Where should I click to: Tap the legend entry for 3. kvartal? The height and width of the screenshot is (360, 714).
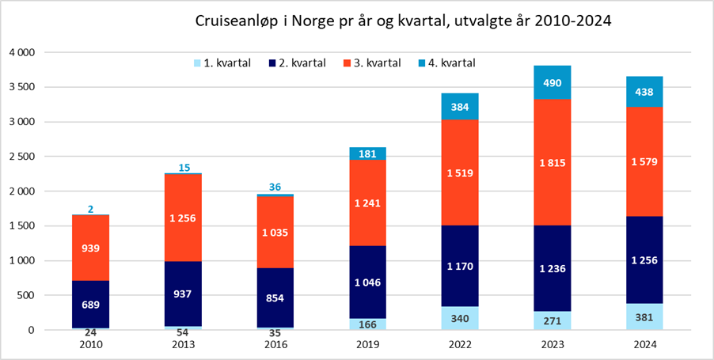(x=373, y=62)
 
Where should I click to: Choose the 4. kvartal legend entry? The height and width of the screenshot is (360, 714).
(x=448, y=62)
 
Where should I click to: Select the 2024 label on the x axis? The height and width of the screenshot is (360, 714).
(x=644, y=345)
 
